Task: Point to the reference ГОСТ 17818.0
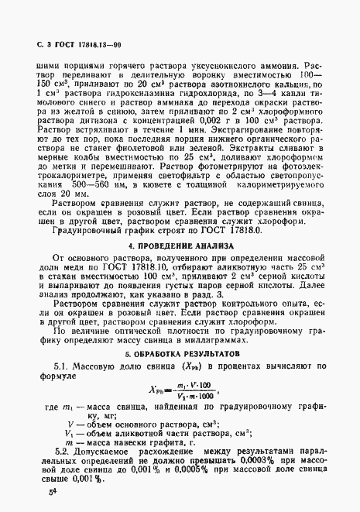coord(226,230)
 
